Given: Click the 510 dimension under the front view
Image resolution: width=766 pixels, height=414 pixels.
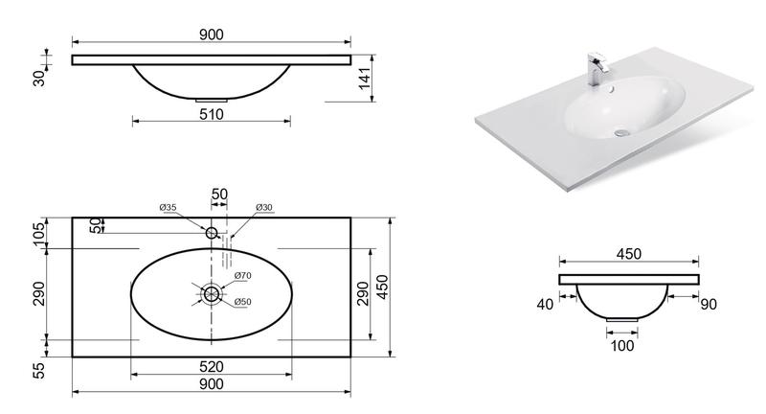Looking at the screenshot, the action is click(212, 114).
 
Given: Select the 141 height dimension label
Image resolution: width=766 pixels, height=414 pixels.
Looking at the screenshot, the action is click(365, 79).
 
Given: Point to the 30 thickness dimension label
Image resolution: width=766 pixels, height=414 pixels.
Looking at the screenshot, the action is click(39, 79).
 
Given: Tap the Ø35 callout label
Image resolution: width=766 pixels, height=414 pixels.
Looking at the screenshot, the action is click(168, 207).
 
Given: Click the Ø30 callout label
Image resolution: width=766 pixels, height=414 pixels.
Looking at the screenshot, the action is click(264, 207).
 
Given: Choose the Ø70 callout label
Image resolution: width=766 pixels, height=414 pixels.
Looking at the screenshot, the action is click(243, 276).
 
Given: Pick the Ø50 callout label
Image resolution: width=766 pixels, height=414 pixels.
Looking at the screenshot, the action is click(243, 302).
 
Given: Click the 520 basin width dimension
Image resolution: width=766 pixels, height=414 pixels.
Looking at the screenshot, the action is click(212, 367).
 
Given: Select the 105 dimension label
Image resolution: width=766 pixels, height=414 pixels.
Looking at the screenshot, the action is click(39, 233).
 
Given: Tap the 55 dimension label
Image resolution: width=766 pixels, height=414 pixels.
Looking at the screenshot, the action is click(39, 370).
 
